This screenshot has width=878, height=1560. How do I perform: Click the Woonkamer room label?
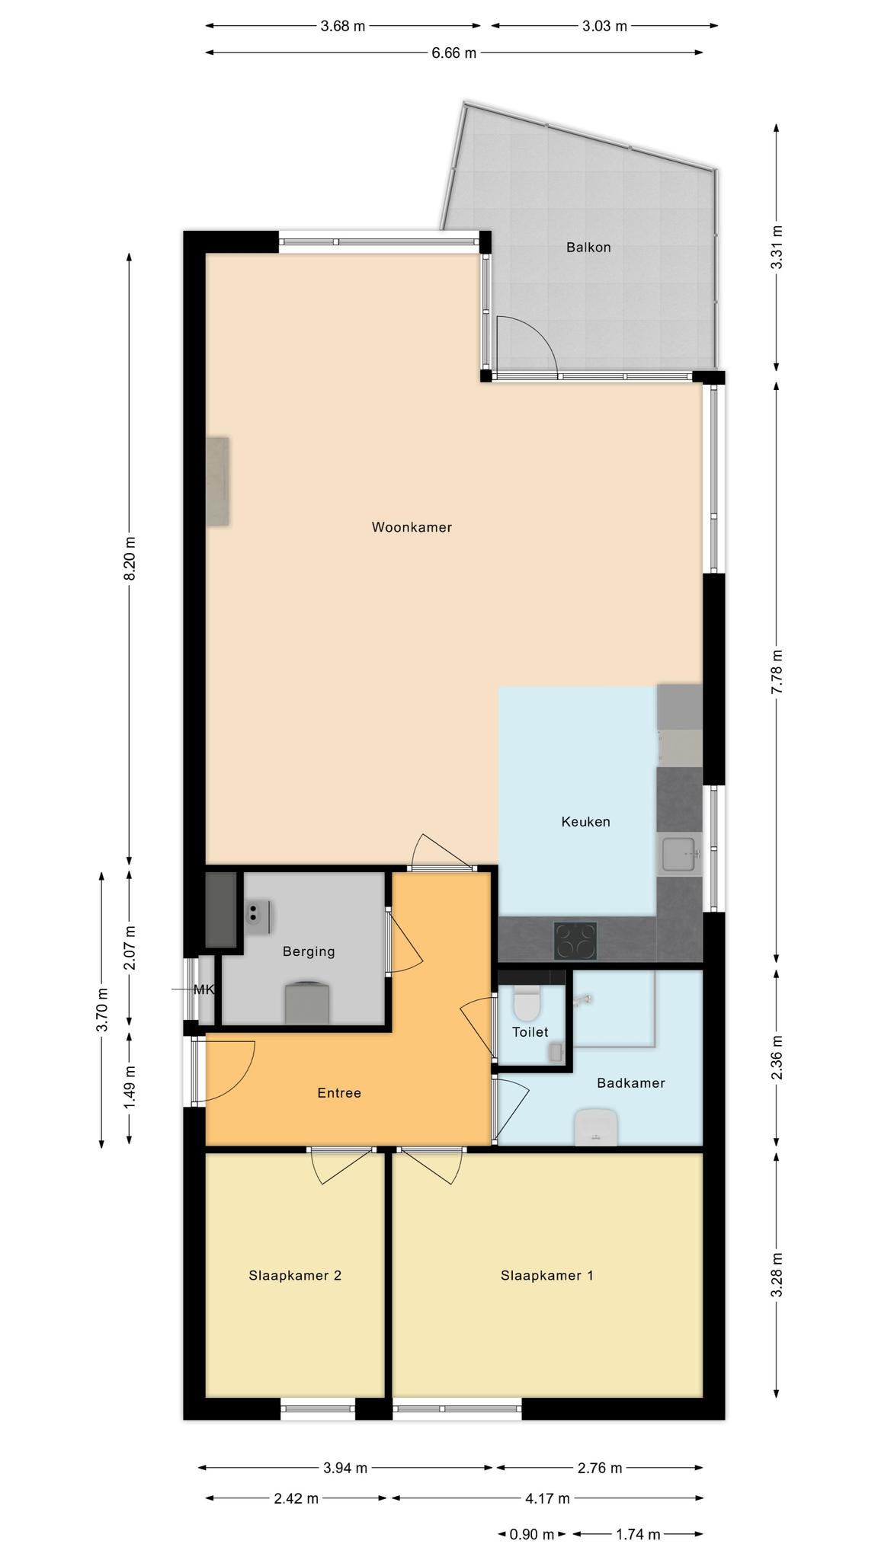pyautogui.click(x=412, y=527)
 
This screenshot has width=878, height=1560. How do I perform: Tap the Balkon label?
pyautogui.click(x=588, y=248)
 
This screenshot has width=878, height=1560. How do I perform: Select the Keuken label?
pyautogui.click(x=585, y=822)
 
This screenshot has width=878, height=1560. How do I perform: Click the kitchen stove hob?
pyautogui.click(x=575, y=941)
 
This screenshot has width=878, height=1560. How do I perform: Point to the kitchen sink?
pyautogui.click(x=679, y=854)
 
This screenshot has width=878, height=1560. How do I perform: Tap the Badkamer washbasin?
pyautogui.click(x=595, y=1127)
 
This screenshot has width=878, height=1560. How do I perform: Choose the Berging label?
pyautogui.click(x=309, y=951)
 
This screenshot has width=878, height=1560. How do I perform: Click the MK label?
pyautogui.click(x=203, y=990)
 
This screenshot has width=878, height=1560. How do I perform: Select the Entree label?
pyautogui.click(x=339, y=1093)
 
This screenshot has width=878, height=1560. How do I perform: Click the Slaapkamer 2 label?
pyautogui.click(x=295, y=1275)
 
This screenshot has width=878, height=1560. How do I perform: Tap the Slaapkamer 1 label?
pyautogui.click(x=546, y=1275)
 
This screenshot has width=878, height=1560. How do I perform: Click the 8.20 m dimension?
pyautogui.click(x=130, y=557)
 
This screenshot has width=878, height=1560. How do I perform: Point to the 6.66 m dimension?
pyautogui.click(x=454, y=53)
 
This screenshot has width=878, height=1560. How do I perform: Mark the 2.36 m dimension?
pyautogui.click(x=777, y=1058)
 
